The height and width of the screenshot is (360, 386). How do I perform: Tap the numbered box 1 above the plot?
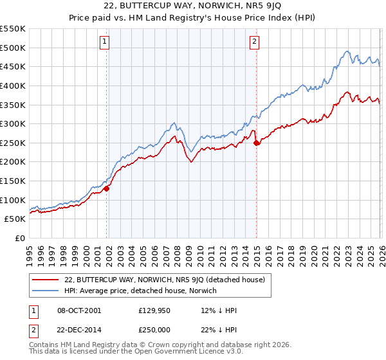pos(104,42)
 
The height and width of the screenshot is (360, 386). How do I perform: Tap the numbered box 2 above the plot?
pos(255,42)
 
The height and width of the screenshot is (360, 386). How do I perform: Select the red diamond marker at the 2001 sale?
pos(107,188)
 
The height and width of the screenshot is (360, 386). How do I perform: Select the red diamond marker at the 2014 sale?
pos(257,143)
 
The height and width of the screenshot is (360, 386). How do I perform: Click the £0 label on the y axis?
pos(20,238)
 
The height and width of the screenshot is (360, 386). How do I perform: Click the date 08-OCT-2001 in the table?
pos(78,310)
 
